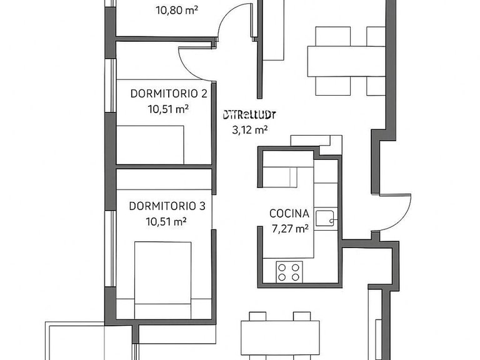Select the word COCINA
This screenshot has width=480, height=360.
289,213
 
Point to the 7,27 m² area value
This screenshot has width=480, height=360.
289,229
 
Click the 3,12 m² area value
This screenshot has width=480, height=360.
249,130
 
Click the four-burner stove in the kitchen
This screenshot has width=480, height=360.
288,271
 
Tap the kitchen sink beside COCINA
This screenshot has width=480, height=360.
325,218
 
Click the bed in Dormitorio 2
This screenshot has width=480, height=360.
151,144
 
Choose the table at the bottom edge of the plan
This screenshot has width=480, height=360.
281,341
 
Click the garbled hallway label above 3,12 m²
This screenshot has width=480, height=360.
249,114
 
